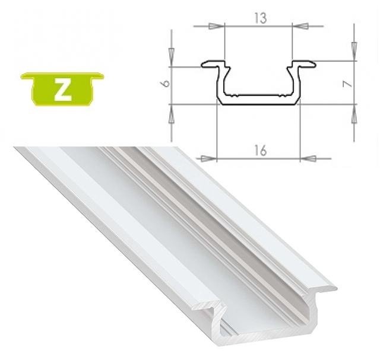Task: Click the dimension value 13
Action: [x=259, y=18]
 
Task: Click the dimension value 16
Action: [x=259, y=150]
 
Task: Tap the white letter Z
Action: [x=62, y=89]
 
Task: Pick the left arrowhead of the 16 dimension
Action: [x=208, y=158]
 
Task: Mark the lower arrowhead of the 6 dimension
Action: [x=171, y=112]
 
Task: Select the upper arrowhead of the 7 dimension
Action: [x=354, y=50]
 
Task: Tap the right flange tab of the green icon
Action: [x=97, y=77]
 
